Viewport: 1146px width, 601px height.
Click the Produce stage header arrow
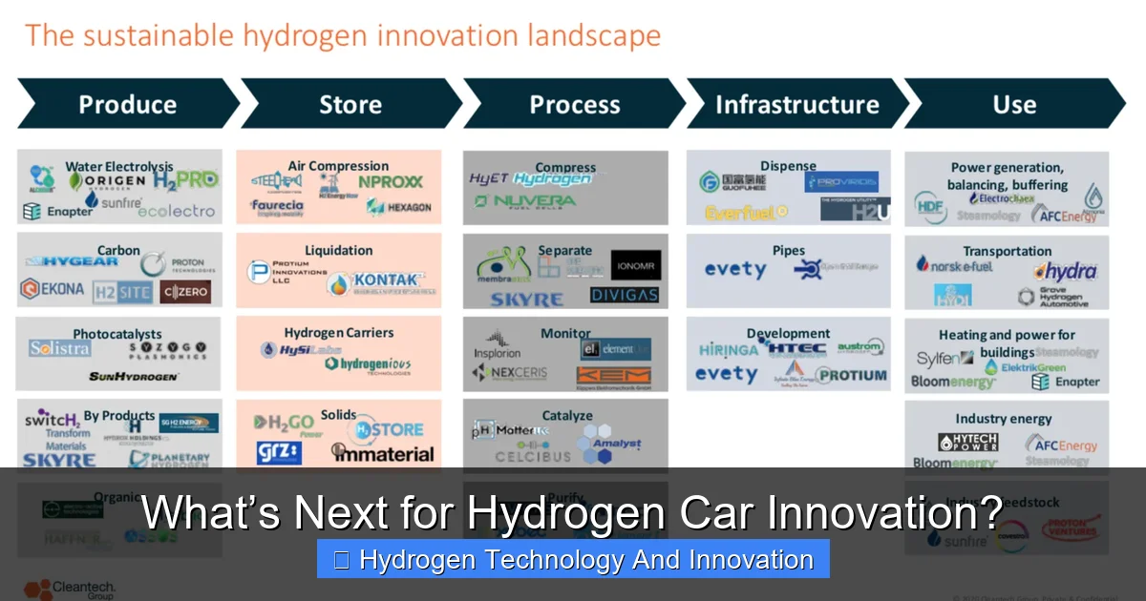[x=127, y=104]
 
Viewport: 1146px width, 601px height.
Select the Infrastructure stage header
[x=796, y=104]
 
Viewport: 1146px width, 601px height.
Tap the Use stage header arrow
[x=1014, y=104]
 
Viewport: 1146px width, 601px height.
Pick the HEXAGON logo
[x=399, y=207]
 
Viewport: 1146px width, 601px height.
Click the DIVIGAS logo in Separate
[x=625, y=295]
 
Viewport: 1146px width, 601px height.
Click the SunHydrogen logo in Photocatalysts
[x=134, y=377]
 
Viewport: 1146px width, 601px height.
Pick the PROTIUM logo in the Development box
[x=852, y=375]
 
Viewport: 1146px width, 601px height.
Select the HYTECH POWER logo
[x=971, y=443]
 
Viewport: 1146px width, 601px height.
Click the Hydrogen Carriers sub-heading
[x=339, y=333]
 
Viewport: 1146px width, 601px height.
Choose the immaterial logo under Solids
[x=383, y=454]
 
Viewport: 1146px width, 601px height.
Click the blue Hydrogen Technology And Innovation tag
[x=573, y=560]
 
